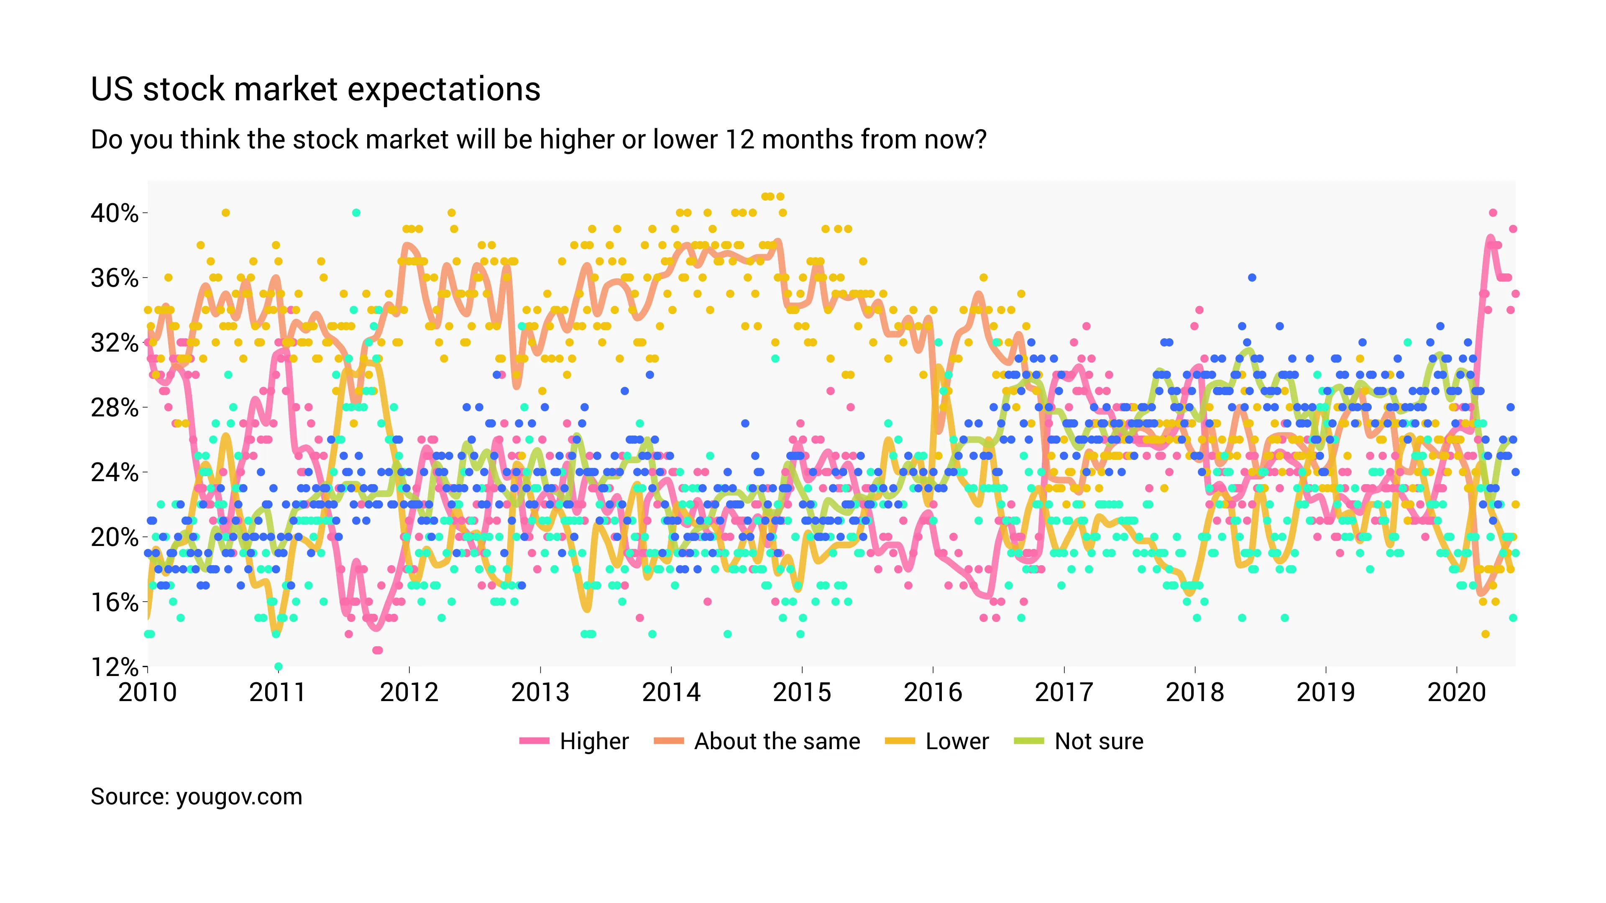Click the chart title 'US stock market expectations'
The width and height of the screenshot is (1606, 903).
[x=315, y=89]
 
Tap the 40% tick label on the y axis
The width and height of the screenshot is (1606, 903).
[x=115, y=213]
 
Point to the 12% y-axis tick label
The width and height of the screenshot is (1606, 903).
[x=115, y=667]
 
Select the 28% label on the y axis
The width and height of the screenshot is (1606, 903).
[x=115, y=408]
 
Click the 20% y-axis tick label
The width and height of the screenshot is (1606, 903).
[x=115, y=537]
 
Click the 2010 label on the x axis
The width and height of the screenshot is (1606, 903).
[x=148, y=692]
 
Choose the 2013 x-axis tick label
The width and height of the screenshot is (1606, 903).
[x=540, y=692]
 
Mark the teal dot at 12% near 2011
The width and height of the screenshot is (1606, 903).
[x=278, y=667]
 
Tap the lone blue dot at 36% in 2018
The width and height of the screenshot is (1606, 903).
[x=1252, y=277]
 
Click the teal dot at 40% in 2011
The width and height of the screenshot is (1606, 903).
[x=356, y=212]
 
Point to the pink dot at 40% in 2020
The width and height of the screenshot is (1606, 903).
[x=1493, y=212]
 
